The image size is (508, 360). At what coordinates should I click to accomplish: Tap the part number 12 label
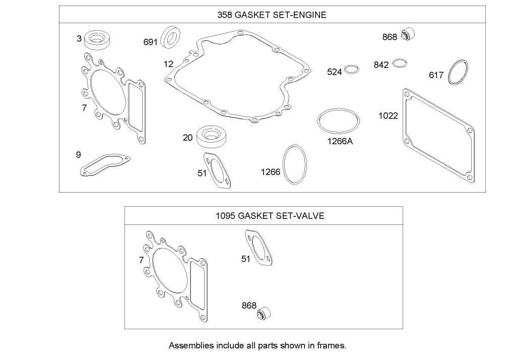(x=168, y=64)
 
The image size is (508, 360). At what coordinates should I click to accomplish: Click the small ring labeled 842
(x=400, y=63)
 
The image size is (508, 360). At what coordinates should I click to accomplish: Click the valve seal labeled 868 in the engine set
(x=409, y=35)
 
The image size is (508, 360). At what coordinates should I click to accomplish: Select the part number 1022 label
(x=388, y=115)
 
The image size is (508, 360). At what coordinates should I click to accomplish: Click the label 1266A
(x=340, y=141)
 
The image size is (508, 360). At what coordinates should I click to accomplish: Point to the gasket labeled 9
(x=105, y=165)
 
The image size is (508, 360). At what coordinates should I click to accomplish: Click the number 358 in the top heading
(x=224, y=15)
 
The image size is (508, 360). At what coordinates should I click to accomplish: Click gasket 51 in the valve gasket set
(x=260, y=248)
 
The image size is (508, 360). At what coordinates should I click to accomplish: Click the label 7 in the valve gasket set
(x=141, y=260)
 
